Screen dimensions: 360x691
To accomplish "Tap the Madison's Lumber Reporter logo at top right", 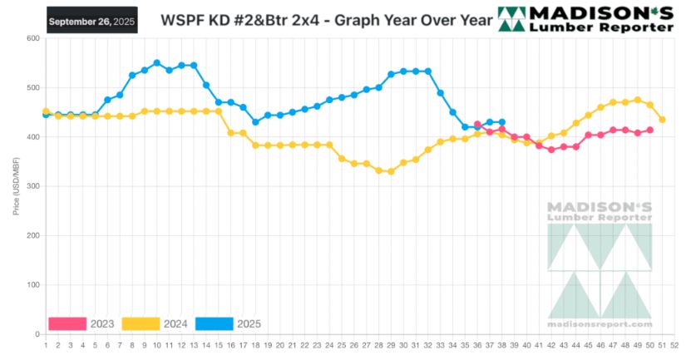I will click(585, 18).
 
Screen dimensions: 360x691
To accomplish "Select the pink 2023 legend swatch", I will click(67, 323).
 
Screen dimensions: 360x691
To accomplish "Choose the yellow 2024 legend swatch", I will click(141, 323).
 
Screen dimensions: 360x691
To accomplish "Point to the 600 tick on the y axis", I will click(33, 38).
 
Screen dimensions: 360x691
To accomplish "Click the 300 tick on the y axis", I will click(33, 186).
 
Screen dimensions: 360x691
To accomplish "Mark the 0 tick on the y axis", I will click(37, 334).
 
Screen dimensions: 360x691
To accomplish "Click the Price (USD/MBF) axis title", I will click(17, 186).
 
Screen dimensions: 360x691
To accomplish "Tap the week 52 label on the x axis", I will click(674, 345).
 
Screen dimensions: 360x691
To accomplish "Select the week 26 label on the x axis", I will click(353, 345).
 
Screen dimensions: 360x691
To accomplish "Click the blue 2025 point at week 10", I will click(156, 63).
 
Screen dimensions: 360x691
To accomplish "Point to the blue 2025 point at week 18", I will click(255, 122).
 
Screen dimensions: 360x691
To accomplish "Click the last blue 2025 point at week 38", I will click(501, 122).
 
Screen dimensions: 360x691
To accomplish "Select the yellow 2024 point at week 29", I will click(391, 171).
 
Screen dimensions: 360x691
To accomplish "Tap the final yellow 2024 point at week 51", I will click(662, 120).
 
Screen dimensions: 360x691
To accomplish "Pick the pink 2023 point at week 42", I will click(551, 150).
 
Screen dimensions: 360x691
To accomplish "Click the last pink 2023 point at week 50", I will click(649, 130).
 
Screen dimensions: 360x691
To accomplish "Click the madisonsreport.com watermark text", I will click(600, 324).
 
